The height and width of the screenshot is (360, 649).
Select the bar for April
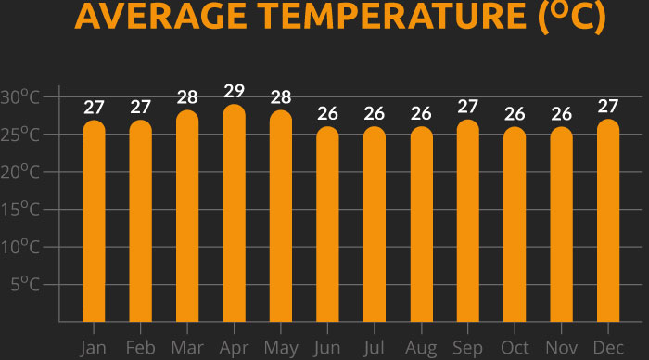pyautogui.click(x=234, y=213)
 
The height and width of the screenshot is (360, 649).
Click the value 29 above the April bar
pyautogui.click(x=234, y=91)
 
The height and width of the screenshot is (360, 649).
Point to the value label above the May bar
pyautogui.click(x=281, y=98)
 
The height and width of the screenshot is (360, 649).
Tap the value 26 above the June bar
pyautogui.click(x=327, y=114)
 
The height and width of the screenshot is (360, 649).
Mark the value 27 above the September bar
pyautogui.click(x=468, y=107)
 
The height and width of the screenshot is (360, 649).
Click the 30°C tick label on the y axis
pyautogui.click(x=20, y=96)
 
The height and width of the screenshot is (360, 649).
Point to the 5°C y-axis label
pyautogui.click(x=26, y=283)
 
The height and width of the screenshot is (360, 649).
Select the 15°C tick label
pyautogui.click(x=20, y=209)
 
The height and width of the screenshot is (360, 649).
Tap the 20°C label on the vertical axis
pyautogui.click(x=20, y=172)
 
